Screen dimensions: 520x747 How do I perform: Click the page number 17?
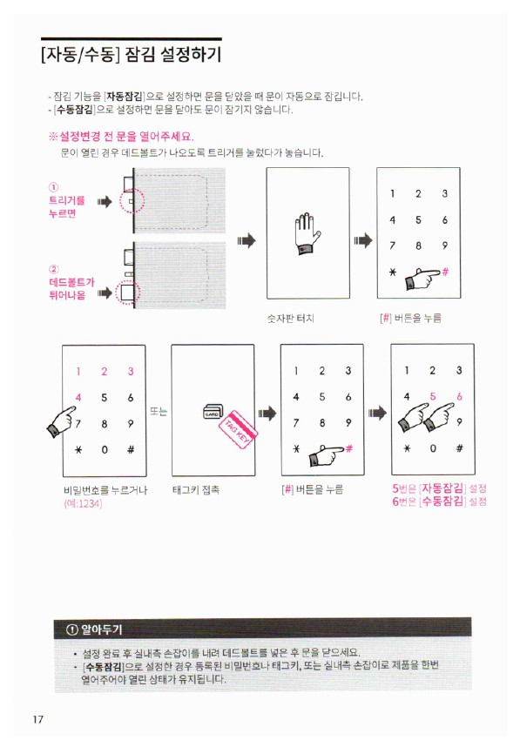point(38,719)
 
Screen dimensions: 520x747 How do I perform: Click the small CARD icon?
point(213,412)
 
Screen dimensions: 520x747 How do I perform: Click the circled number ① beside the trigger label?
point(53,187)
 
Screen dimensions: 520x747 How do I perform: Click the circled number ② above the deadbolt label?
point(53,269)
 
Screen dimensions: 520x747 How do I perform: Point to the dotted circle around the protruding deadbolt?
point(128,293)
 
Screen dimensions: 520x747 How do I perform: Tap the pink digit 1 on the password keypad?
point(78,372)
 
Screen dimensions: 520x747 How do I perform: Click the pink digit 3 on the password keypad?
point(130,372)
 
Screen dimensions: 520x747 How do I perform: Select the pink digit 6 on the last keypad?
point(459,396)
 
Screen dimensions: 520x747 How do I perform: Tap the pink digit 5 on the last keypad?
point(432,396)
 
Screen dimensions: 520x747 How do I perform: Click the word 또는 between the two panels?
point(159,411)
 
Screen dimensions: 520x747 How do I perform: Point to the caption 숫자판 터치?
point(290,319)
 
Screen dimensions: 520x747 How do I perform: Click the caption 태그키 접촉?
point(196,489)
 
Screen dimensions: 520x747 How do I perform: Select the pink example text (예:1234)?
point(83,503)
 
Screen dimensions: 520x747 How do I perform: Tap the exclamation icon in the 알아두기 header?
point(71,629)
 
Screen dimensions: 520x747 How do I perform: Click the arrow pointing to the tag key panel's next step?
point(267,413)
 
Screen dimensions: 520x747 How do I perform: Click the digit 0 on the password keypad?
point(105,450)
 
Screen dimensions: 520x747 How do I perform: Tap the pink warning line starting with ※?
point(121,137)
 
